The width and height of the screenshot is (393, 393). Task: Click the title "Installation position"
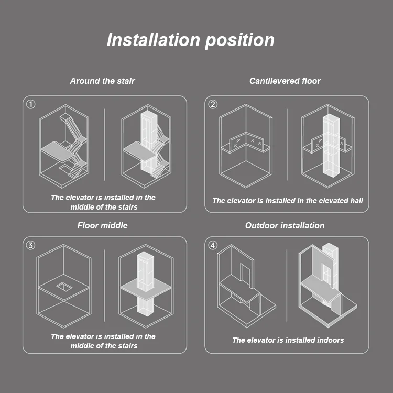coord(190,40)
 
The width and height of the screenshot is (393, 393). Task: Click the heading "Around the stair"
coord(103,81)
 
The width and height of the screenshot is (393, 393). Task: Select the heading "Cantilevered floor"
coord(285,81)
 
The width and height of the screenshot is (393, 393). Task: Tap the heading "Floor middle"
coord(103,225)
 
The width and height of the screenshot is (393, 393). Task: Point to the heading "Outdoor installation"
coord(285,225)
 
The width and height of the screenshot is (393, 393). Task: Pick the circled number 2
coord(213,104)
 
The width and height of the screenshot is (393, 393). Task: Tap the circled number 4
coord(213,245)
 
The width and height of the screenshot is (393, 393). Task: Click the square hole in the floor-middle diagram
coord(64,286)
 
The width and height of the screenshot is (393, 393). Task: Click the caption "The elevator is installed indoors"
coord(288,340)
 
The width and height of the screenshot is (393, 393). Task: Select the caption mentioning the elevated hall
coord(287,201)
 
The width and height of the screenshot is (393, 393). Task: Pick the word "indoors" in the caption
coord(329,340)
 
